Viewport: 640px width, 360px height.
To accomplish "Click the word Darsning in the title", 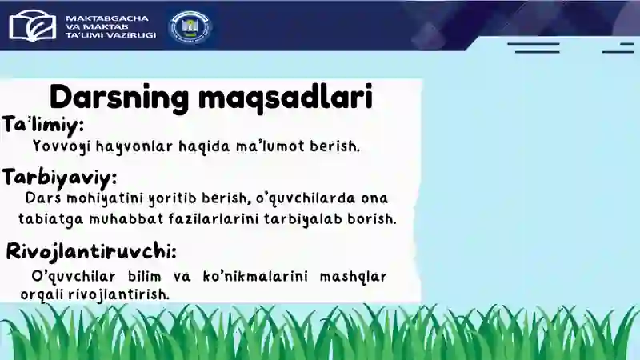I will click(x=118, y=98).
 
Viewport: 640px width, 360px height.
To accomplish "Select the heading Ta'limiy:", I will click(x=43, y=126).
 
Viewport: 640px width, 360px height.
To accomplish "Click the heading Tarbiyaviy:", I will click(x=60, y=176).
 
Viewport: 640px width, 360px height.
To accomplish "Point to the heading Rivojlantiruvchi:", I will click(x=91, y=251).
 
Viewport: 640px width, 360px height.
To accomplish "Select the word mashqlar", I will click(x=353, y=277).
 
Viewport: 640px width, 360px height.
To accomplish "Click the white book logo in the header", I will click(x=33, y=25).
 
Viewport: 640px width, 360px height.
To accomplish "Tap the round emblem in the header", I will click(x=190, y=26).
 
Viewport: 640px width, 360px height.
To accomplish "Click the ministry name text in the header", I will click(x=110, y=26).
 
